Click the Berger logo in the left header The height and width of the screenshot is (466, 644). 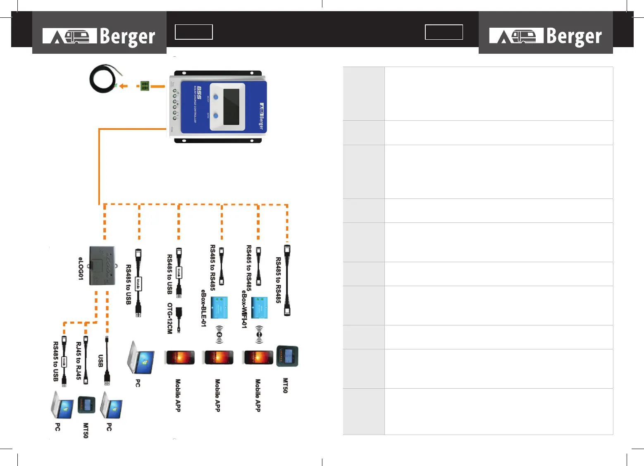pyautogui.click(x=99, y=36)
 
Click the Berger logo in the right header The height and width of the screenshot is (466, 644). pyautogui.click(x=546, y=36)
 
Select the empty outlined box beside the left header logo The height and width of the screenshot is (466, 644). pyautogui.click(x=193, y=32)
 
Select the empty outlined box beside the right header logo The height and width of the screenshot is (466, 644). pyautogui.click(x=444, y=32)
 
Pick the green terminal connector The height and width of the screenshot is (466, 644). pyautogui.click(x=145, y=86)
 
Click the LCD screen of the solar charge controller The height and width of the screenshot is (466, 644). pyautogui.click(x=231, y=107)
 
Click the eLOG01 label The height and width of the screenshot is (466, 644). pyautogui.click(x=81, y=268)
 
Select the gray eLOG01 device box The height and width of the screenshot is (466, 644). pyautogui.click(x=102, y=265)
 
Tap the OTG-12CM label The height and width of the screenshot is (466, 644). pyautogui.click(x=169, y=318)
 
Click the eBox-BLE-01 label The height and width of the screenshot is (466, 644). pyautogui.click(x=203, y=308)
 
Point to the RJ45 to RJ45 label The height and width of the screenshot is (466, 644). pyautogui.click(x=79, y=361)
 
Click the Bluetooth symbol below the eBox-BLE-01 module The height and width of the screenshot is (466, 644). pyautogui.click(x=219, y=335)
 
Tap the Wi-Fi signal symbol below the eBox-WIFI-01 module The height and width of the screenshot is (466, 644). pyautogui.click(x=259, y=334)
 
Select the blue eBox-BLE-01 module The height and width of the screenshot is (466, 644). pyautogui.click(x=219, y=307)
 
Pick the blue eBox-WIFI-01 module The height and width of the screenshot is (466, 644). pyautogui.click(x=259, y=308)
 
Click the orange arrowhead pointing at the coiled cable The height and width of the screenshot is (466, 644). pyautogui.click(x=124, y=86)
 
